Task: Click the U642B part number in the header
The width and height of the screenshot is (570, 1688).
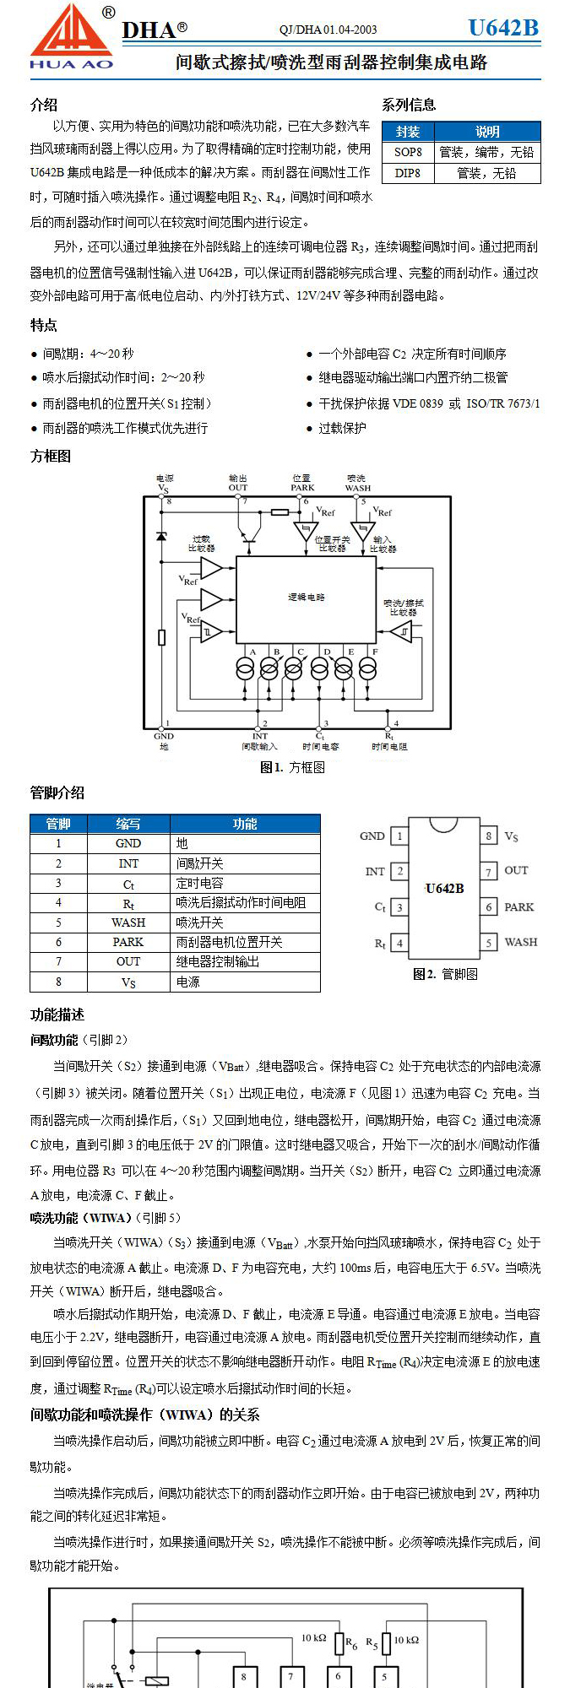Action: [503, 28]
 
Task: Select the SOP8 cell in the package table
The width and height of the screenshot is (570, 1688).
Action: [408, 152]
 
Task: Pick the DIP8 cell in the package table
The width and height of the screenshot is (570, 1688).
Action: [408, 173]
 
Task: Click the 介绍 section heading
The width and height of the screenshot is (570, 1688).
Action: [44, 105]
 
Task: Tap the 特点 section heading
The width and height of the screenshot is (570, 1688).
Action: [44, 325]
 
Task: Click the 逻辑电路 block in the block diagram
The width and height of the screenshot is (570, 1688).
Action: [306, 598]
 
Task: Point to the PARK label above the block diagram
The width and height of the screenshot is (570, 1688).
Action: [302, 488]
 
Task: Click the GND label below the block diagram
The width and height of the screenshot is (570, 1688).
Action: [164, 736]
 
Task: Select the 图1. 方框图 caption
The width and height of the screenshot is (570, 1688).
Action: [293, 767]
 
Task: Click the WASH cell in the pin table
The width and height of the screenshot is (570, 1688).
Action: [128, 922]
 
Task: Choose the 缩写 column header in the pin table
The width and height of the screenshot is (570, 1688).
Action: [128, 824]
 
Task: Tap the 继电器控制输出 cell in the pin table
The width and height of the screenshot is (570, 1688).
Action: [218, 961]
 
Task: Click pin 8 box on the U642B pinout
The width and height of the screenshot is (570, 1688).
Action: [488, 836]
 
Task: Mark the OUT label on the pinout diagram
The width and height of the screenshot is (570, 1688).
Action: [516, 870]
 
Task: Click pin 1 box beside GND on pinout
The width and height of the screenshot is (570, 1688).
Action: [399, 836]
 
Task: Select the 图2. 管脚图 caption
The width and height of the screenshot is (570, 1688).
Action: [445, 974]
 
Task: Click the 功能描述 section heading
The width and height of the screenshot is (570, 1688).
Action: [57, 1014]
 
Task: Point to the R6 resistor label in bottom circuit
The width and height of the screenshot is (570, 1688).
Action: [351, 1643]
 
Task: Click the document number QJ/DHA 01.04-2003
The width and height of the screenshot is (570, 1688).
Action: [328, 30]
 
